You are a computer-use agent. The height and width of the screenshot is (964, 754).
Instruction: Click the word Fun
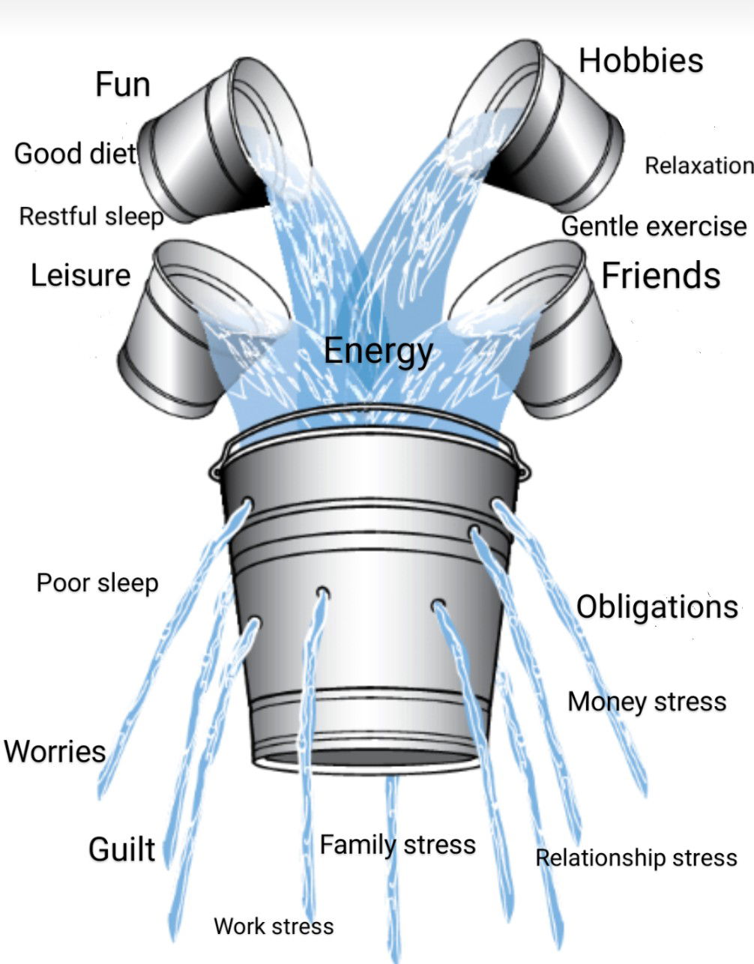pyautogui.click(x=123, y=84)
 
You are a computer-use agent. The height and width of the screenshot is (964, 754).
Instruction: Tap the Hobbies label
pyautogui.click(x=641, y=61)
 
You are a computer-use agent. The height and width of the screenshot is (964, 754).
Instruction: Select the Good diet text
pyautogui.click(x=75, y=154)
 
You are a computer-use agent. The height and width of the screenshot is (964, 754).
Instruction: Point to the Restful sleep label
pyautogui.click(x=91, y=217)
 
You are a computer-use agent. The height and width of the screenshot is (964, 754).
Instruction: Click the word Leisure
pyautogui.click(x=80, y=275)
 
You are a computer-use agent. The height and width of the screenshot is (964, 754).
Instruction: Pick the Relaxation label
pyautogui.click(x=699, y=166)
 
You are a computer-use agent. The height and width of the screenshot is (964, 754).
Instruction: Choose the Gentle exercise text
pyautogui.click(x=654, y=226)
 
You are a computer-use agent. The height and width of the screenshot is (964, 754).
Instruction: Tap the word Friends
pyautogui.click(x=660, y=275)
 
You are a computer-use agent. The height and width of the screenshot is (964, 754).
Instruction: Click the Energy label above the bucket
pyautogui.click(x=378, y=351)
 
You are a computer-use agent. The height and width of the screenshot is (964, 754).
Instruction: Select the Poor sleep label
pyautogui.click(x=97, y=583)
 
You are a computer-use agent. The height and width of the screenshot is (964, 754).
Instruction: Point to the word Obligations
pyautogui.click(x=657, y=606)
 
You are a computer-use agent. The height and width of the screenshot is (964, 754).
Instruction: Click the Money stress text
pyautogui.click(x=647, y=702)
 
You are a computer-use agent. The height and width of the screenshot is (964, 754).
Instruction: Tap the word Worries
pyautogui.click(x=55, y=751)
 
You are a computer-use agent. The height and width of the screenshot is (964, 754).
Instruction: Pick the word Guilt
pyautogui.click(x=122, y=849)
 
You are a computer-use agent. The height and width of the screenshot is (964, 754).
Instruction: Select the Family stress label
pyautogui.click(x=397, y=845)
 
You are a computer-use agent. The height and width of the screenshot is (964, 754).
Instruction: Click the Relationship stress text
pyautogui.click(x=636, y=858)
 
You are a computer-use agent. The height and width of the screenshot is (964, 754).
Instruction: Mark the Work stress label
pyautogui.click(x=274, y=927)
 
